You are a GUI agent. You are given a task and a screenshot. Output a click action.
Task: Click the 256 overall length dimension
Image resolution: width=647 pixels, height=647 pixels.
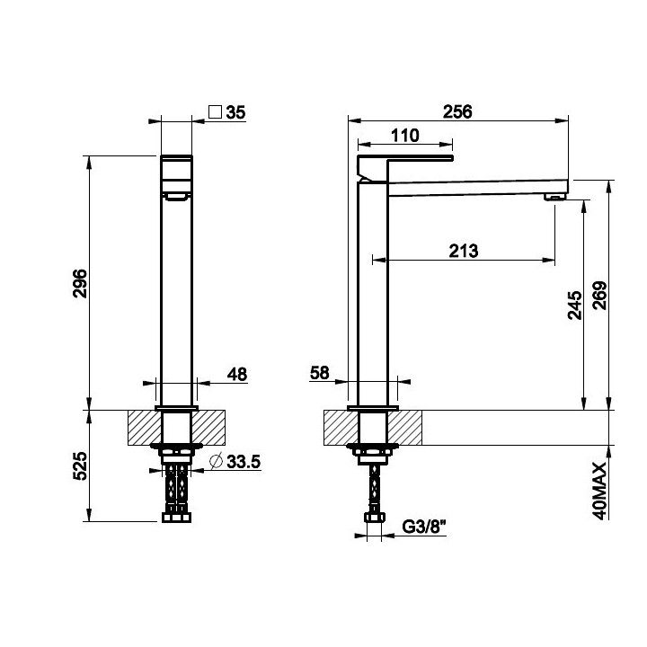click(457, 111)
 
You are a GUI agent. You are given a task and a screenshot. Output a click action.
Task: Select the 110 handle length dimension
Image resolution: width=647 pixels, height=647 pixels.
click(404, 136)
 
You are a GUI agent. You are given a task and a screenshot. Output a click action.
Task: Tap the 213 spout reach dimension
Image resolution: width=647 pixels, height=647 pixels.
click(464, 251)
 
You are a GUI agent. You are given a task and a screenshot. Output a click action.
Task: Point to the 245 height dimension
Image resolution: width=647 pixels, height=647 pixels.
click(575, 306)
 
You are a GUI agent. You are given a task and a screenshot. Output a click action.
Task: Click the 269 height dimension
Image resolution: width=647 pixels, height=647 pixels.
click(599, 296)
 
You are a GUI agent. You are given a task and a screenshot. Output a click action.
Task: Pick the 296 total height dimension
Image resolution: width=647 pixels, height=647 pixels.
click(80, 283)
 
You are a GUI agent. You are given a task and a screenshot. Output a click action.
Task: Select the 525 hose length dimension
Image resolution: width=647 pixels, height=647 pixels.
click(80, 465)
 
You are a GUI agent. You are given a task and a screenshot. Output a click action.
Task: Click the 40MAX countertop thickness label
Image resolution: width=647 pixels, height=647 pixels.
click(599, 491)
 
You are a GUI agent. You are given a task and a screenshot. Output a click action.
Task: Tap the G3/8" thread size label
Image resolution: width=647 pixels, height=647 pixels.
click(424, 527)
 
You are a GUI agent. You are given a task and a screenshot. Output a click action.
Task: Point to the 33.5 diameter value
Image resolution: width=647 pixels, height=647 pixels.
click(244, 462)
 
